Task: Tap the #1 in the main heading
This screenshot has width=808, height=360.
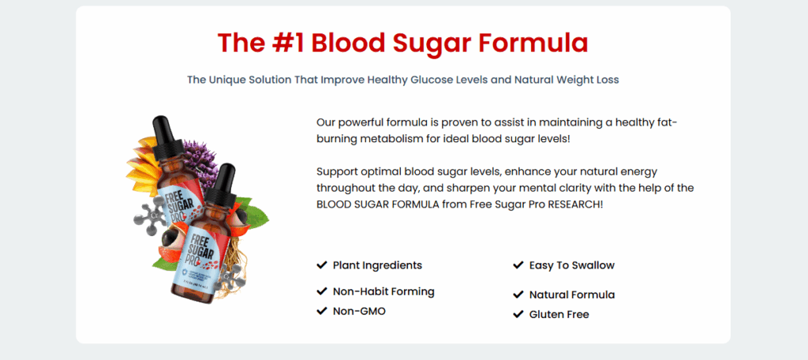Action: tap(287, 43)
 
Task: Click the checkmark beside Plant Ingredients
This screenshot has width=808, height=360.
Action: tap(322, 265)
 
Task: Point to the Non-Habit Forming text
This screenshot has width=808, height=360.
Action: tap(383, 291)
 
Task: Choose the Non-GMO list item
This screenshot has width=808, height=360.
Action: tap(359, 311)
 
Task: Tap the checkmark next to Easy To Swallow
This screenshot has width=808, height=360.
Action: tap(518, 265)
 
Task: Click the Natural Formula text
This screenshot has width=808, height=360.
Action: tap(572, 295)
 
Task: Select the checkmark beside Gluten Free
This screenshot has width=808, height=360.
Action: tap(518, 314)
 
